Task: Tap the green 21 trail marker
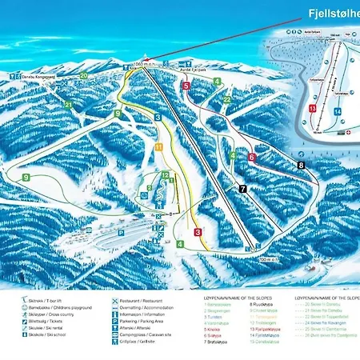point(68,104)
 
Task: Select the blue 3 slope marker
point(158,118)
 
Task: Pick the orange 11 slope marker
point(159,147)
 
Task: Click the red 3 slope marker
point(197,232)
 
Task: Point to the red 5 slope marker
point(186,86)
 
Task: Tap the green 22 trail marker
point(227,99)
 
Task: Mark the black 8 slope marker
point(301,165)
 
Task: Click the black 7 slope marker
point(242,188)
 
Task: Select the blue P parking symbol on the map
point(122,232)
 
